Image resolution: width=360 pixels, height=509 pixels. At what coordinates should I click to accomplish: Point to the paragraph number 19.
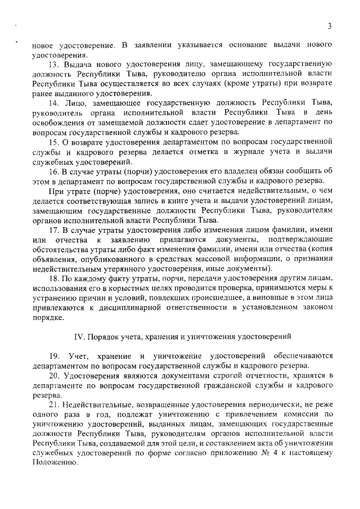pos(54,356)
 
